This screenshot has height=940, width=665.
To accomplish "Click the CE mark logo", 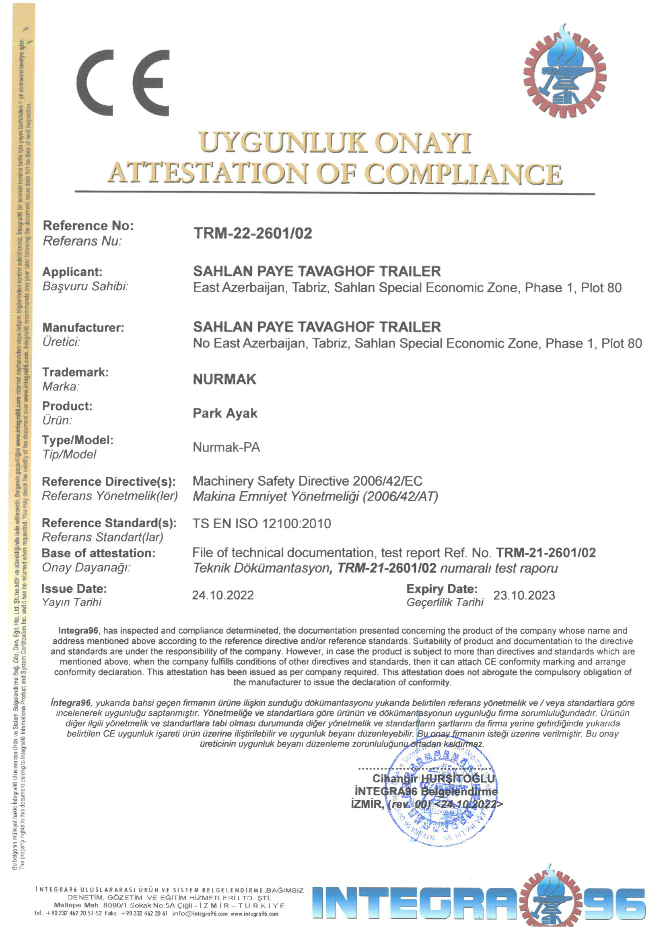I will [x=123, y=83].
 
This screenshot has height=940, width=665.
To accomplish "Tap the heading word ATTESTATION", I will [x=208, y=173].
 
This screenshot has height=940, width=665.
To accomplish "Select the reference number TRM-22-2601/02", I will [x=252, y=233].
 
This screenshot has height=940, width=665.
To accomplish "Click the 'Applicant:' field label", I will [x=72, y=272].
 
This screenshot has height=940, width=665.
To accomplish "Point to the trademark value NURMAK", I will [x=224, y=380].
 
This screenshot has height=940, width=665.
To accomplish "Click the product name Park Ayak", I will [x=225, y=413].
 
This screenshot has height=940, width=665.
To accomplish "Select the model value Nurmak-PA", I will [x=226, y=447].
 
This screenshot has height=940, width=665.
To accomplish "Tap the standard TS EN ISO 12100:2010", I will [x=261, y=523].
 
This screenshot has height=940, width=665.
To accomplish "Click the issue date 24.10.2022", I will [x=223, y=595].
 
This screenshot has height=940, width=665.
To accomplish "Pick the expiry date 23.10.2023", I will [x=524, y=595].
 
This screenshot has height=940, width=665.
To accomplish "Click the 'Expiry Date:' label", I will [x=442, y=589].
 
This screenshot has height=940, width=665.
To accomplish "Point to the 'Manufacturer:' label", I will [x=83, y=328].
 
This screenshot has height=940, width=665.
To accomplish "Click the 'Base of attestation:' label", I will [x=98, y=553].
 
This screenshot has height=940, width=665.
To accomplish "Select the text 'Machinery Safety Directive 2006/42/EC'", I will [x=307, y=481].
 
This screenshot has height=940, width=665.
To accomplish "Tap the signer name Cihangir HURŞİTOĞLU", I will [x=434, y=778].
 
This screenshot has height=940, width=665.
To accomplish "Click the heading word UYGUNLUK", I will [x=283, y=143].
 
